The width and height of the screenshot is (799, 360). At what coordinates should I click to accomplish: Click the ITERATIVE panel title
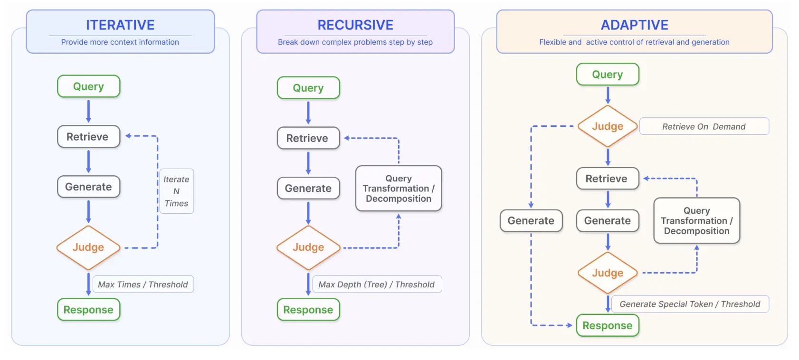pyautogui.click(x=120, y=25)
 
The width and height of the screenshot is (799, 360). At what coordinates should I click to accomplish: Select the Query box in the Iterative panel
pyautogui.click(x=88, y=86)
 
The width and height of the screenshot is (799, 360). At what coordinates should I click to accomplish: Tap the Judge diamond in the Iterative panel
pyautogui.click(x=88, y=247)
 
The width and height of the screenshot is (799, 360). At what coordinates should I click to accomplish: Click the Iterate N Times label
pyautogui.click(x=176, y=191)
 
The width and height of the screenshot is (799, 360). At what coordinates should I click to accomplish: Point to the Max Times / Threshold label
pyautogui.click(x=143, y=284)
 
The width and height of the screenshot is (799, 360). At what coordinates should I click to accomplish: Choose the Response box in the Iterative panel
pyautogui.click(x=88, y=310)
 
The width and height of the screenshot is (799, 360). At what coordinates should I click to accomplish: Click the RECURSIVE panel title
pyautogui.click(x=355, y=25)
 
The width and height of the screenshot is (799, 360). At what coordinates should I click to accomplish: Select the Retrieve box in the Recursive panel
pyautogui.click(x=308, y=138)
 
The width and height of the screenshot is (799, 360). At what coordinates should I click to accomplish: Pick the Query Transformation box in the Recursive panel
pyautogui.click(x=399, y=189)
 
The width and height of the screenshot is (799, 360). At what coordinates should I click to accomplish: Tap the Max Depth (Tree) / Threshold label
pyautogui.click(x=377, y=284)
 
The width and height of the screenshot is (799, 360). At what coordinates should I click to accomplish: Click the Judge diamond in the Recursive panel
pyautogui.click(x=308, y=247)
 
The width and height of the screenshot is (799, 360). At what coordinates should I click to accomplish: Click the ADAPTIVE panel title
pyautogui.click(x=634, y=25)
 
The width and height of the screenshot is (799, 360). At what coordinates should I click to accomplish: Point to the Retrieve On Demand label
pyautogui.click(x=704, y=127)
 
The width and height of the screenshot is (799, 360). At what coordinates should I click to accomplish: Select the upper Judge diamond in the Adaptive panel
pyautogui.click(x=608, y=126)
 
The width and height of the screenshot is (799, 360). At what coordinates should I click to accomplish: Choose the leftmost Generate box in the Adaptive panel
pyautogui.click(x=531, y=221)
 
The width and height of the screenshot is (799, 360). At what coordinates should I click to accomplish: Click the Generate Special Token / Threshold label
pyautogui.click(x=690, y=304)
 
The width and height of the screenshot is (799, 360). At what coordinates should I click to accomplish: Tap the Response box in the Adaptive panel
pyautogui.click(x=608, y=326)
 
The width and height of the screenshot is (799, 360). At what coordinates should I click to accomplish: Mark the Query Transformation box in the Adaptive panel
pyautogui.click(x=696, y=221)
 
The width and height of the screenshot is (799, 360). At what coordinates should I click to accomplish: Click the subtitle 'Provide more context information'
pyautogui.click(x=120, y=42)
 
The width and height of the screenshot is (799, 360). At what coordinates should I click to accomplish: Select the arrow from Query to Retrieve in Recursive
pyautogui.click(x=308, y=113)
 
